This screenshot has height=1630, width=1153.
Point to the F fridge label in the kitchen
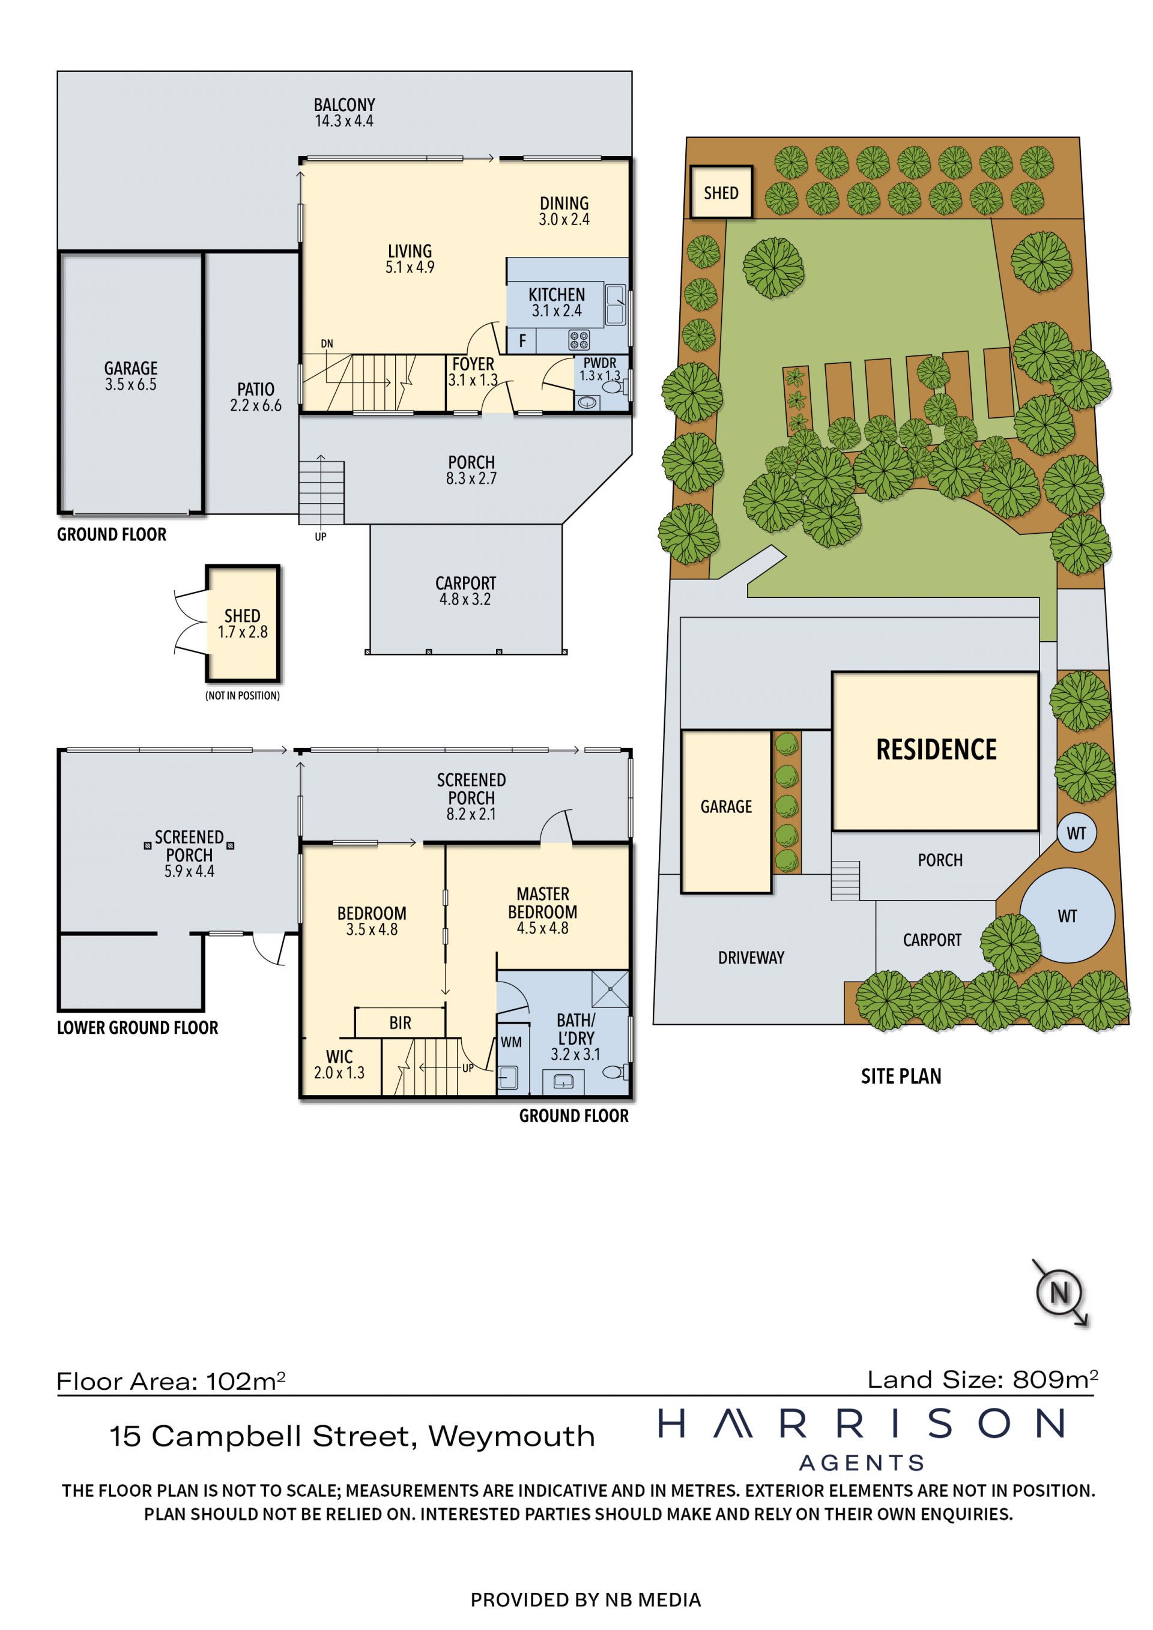pos(522,341)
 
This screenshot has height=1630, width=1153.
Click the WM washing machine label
pos(511,1042)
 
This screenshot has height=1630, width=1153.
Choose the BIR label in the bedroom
pos(400,1022)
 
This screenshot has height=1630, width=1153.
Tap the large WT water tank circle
pos(1067,916)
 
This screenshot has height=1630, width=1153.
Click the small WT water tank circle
pos(1076,833)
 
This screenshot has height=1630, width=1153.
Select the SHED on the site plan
pos(721,192)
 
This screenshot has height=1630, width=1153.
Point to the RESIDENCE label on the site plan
pos(936,750)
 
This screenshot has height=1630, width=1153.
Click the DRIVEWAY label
pos(751,958)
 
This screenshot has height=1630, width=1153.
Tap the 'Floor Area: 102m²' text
pos(171,1381)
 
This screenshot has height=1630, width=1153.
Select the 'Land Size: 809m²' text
pos(982,1380)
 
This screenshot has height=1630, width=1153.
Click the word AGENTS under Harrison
pos(862,1462)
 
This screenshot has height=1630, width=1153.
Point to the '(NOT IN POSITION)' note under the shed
pos(242,696)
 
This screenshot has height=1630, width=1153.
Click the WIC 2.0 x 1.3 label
pos(339,1064)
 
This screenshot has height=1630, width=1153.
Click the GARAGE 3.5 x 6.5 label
pos(131,376)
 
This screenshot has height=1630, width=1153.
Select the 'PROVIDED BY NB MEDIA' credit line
pos(586,1599)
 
